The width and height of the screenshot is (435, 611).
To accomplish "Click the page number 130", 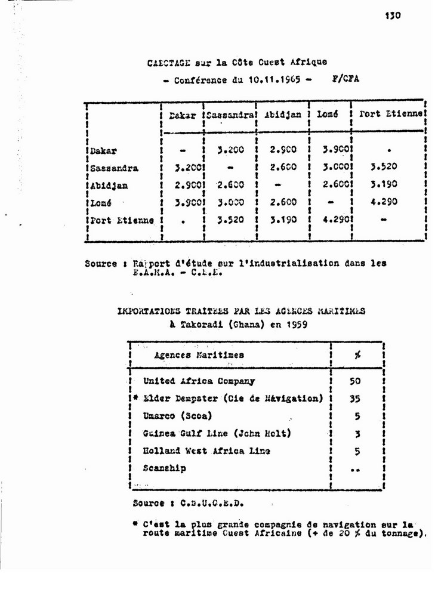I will pyautogui.click(x=392, y=17).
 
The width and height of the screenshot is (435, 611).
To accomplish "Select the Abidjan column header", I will pyautogui.click(x=283, y=115).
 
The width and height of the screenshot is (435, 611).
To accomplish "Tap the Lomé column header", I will pyautogui.click(x=328, y=115).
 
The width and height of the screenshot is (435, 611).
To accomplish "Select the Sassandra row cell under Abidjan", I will pyautogui.click(x=283, y=168).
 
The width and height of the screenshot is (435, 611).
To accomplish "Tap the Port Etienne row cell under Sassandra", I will pyautogui.click(x=229, y=220).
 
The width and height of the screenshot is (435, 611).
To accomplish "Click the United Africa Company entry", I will pyautogui.click(x=199, y=381).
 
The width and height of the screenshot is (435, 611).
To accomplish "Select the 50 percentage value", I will pyautogui.click(x=355, y=381).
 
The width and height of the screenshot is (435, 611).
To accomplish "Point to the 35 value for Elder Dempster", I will pyautogui.click(x=355, y=399).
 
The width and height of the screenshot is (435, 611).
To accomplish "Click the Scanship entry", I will pyautogui.click(x=164, y=468).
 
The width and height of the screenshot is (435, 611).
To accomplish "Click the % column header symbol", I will pyautogui.click(x=357, y=355).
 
